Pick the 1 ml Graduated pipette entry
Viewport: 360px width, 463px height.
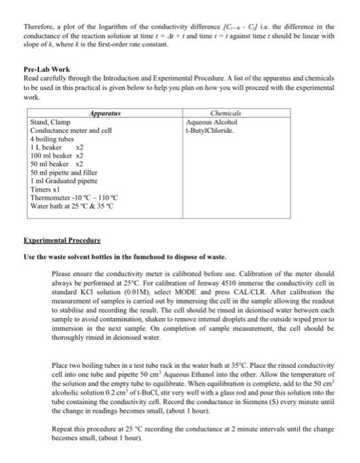coord(64,180)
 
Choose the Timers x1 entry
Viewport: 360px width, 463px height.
coord(46,189)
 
